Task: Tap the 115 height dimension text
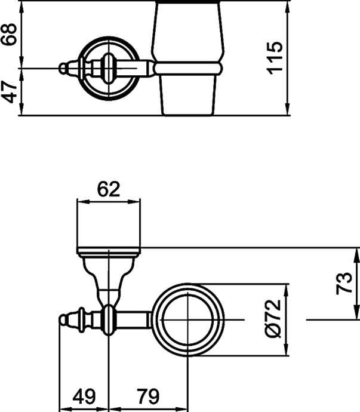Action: (274, 58)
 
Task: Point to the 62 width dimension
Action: (109, 190)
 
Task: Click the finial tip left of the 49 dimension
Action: (63, 320)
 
